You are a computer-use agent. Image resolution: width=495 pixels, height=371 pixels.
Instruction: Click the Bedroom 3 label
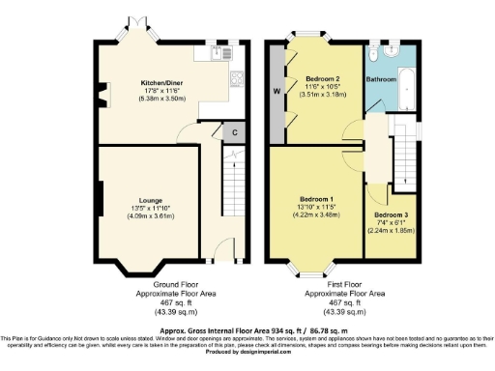pyautogui.click(x=390, y=214)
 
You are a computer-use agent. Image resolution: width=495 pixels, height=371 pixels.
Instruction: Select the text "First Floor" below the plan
pyautogui.click(x=345, y=284)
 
